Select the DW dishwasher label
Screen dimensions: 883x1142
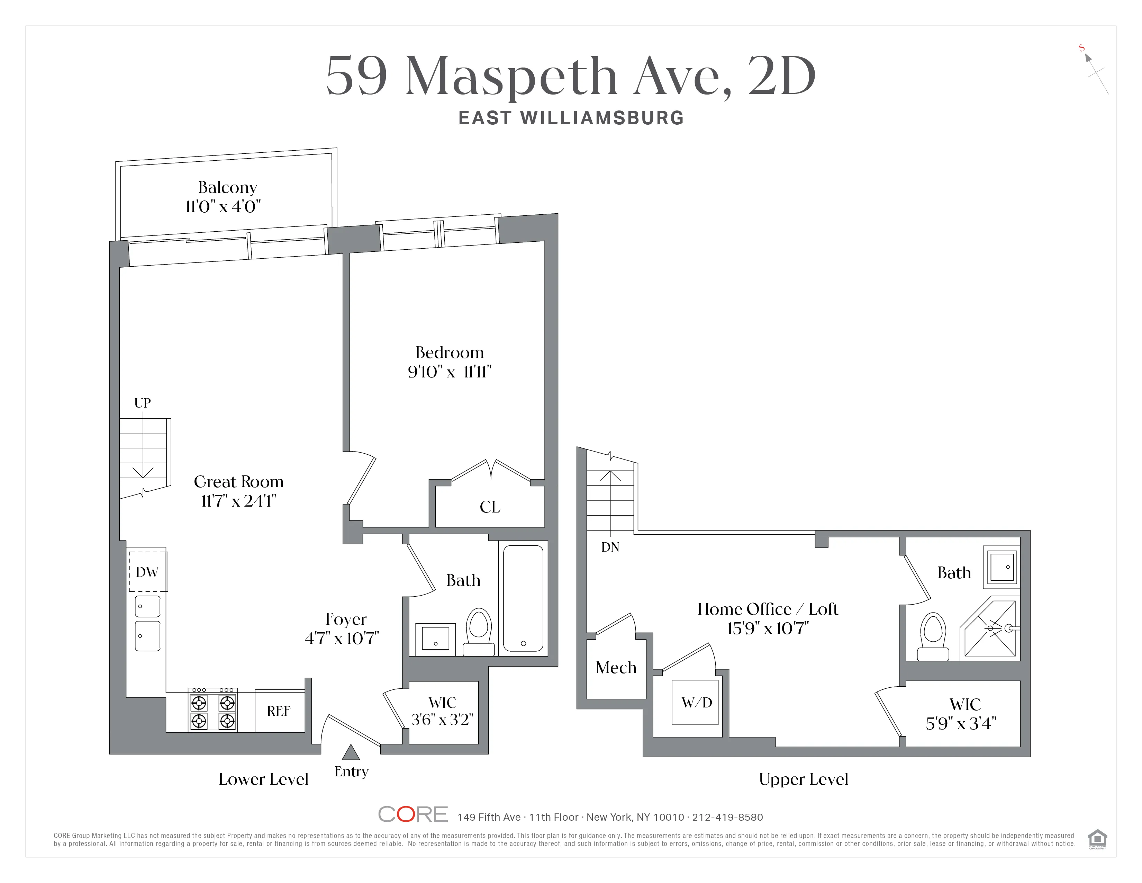[x=147, y=572]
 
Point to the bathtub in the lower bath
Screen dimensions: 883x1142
[x=523, y=597]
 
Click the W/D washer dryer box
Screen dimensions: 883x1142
[x=696, y=703]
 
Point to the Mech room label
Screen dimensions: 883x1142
[x=616, y=668]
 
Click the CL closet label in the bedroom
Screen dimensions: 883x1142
[x=490, y=507]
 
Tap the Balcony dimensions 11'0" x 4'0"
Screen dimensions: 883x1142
[x=223, y=207]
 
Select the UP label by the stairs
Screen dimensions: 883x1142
[x=142, y=403]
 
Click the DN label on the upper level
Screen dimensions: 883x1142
[x=610, y=547]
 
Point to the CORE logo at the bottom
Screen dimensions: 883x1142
[x=413, y=814]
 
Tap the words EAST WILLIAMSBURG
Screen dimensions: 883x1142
[x=571, y=118]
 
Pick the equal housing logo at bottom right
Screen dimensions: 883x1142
[x=1097, y=839]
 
